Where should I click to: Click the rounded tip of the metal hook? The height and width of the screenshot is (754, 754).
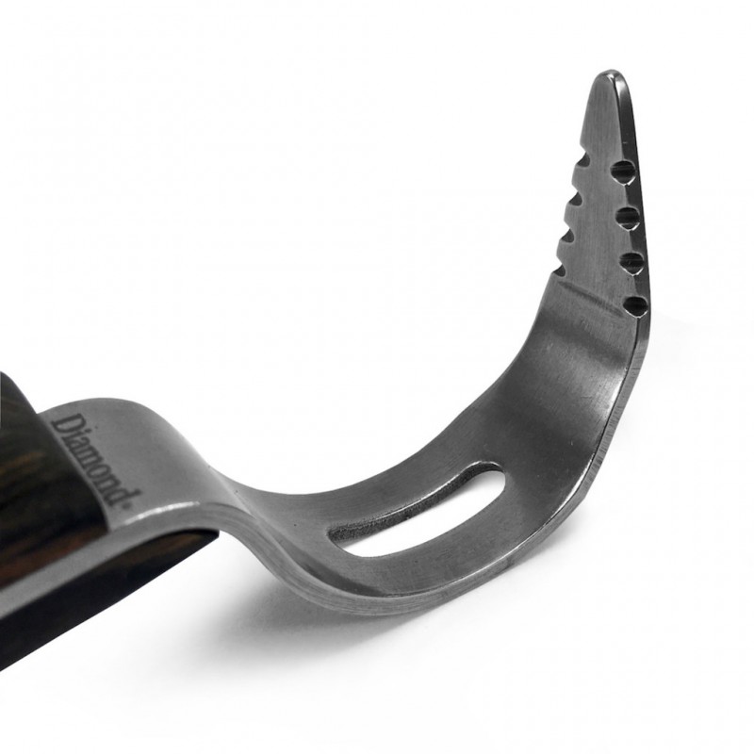coord(613,76)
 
